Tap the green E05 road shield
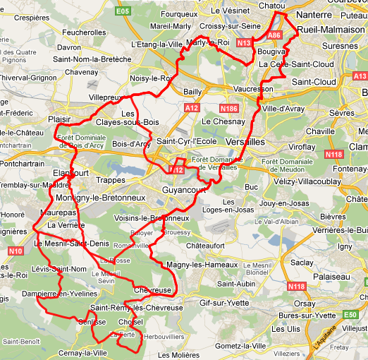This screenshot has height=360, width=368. (123, 12)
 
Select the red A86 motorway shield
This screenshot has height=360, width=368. (274, 34)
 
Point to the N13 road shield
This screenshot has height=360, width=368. (244, 43)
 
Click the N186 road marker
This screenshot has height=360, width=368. (228, 109)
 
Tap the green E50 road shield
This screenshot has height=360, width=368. (350, 313)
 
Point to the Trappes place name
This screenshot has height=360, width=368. (111, 180)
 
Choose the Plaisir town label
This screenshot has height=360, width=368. (60, 120)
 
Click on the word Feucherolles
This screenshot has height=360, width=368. (84, 32)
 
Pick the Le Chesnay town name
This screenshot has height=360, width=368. (222, 121)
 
